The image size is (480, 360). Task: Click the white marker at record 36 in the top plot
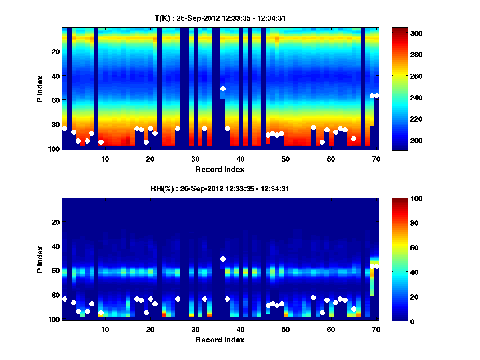(x=223, y=88)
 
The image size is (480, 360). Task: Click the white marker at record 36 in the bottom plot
(x=223, y=259)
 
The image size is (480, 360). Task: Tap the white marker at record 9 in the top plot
(x=101, y=142)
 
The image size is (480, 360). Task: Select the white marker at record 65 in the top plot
(x=354, y=138)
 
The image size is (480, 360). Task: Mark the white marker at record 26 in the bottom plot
(x=178, y=299)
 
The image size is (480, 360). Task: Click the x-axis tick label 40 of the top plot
(x=240, y=159)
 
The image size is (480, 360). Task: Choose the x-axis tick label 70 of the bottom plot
(x=376, y=329)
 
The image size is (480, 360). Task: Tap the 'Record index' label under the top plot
(x=220, y=169)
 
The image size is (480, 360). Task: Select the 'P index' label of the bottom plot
(x=40, y=259)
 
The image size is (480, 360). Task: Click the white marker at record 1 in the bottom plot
(x=65, y=299)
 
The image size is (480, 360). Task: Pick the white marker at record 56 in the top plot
(x=313, y=127)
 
